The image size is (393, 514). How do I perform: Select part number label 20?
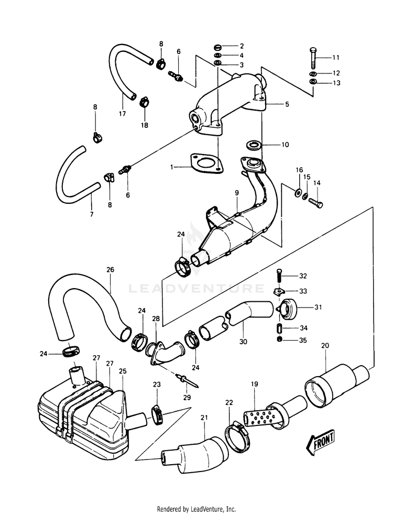point(325,345)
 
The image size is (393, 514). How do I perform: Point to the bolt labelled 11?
point(313,57)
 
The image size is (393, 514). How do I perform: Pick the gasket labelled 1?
point(206,163)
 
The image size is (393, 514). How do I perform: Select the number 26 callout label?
point(110,269)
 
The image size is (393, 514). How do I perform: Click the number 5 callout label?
point(287,104)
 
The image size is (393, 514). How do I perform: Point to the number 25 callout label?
point(123,371)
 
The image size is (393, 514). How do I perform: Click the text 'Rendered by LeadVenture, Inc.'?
point(196,509)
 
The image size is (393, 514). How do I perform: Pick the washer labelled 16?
point(299,192)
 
